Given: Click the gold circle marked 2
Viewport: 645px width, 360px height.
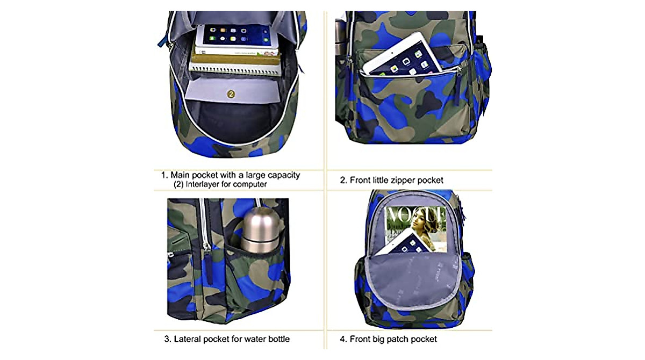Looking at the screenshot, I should (231, 94).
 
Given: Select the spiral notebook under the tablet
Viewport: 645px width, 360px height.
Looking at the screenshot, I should (235, 64).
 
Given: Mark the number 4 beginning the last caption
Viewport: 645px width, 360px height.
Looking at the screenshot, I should (342, 339).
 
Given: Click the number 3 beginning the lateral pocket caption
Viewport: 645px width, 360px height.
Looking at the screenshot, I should (167, 339).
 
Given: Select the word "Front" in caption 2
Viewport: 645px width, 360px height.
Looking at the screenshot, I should (360, 181).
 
